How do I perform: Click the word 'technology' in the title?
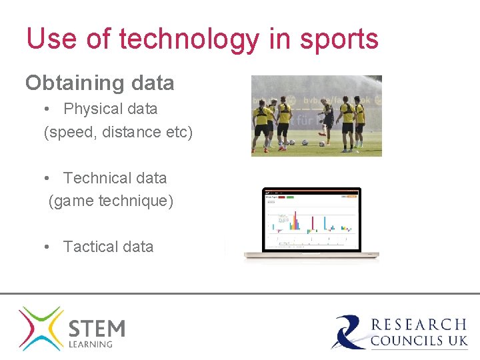[x=189, y=39]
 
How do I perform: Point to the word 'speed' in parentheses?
[x=71, y=133]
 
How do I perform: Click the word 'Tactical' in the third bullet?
[x=90, y=247]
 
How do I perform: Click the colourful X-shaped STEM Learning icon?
[x=41, y=328]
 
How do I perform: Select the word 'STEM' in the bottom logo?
[x=97, y=329]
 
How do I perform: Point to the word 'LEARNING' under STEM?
[x=91, y=345]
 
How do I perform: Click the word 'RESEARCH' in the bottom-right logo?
[x=419, y=325]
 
